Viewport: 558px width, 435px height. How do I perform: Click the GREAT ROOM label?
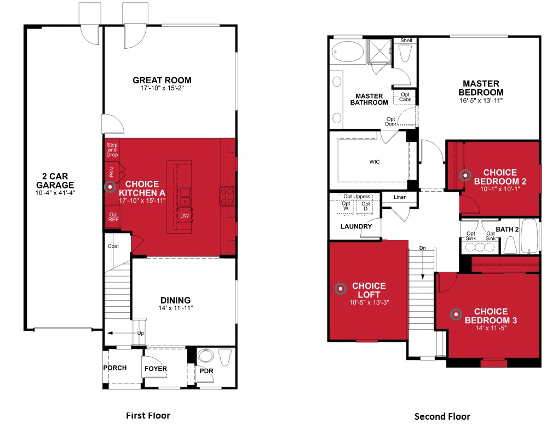(162, 81)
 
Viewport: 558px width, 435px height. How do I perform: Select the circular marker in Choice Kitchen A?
(111, 187)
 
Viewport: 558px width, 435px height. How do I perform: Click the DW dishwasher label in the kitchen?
(185, 216)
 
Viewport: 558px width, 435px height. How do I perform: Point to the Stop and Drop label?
(112, 150)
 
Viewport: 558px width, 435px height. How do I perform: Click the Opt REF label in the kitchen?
(113, 217)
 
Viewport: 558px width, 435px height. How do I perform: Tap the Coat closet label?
(113, 246)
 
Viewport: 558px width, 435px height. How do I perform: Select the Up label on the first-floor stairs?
(141, 333)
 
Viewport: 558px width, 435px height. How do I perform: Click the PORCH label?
(115, 368)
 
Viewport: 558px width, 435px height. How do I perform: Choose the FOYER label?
(156, 369)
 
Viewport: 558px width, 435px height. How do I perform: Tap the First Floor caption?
(148, 415)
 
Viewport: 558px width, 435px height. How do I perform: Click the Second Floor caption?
(442, 416)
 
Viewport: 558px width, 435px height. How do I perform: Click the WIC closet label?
(375, 162)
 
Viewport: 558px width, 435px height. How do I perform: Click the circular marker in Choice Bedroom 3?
(455, 314)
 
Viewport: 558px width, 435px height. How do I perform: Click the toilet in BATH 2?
(510, 243)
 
